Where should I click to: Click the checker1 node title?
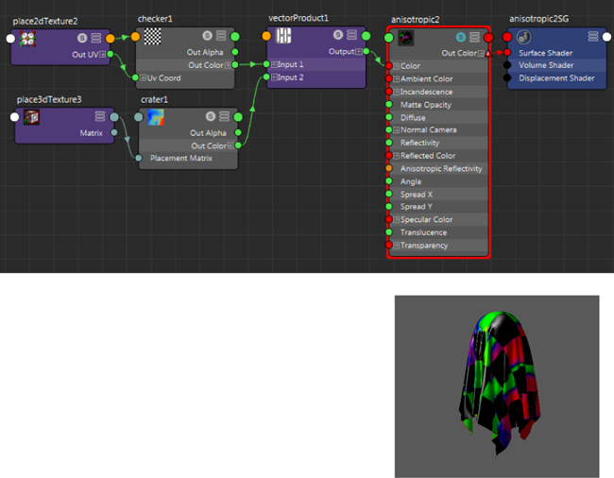(x=155, y=19)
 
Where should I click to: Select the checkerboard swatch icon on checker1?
(x=152, y=37)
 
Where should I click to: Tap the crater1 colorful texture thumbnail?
(x=156, y=117)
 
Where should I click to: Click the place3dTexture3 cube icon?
(x=31, y=117)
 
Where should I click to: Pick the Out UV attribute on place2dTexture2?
(x=85, y=55)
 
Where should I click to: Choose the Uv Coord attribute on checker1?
(x=163, y=77)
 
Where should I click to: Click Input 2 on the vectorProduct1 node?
(x=290, y=77)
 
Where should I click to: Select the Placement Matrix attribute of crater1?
(x=181, y=158)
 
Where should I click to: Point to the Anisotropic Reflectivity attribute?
(x=441, y=169)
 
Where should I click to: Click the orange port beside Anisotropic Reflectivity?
(x=389, y=168)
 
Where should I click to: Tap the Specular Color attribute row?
(x=426, y=219)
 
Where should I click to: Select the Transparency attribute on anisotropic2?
(x=424, y=246)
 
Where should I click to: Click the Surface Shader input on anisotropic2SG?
(x=545, y=53)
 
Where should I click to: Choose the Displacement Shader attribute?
(x=556, y=77)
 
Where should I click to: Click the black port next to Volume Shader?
(x=507, y=65)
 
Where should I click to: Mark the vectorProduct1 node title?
(x=298, y=18)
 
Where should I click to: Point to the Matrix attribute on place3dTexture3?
(x=92, y=133)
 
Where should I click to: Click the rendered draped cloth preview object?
(x=500, y=382)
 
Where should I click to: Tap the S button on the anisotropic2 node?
(x=461, y=37)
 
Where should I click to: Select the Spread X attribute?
(x=417, y=195)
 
